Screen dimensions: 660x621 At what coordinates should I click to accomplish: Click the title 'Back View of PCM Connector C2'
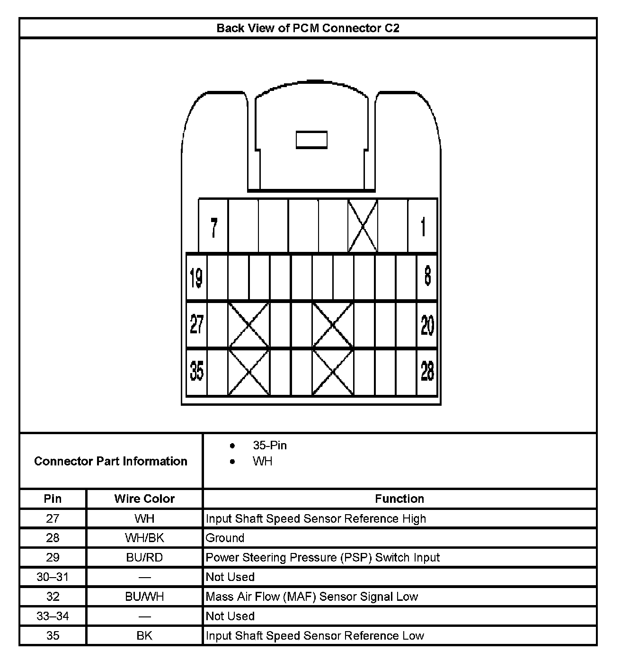[308, 28]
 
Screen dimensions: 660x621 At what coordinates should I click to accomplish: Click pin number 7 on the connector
[214, 228]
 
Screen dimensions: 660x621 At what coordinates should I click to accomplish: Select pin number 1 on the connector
[423, 227]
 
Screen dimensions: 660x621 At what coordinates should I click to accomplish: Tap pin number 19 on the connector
[196, 277]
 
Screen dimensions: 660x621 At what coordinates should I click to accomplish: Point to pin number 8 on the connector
[427, 276]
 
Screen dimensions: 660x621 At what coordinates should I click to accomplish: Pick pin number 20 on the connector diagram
[427, 325]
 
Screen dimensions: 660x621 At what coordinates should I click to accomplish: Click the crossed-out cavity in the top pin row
[363, 226]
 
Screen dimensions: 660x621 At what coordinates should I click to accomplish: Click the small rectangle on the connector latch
[311, 140]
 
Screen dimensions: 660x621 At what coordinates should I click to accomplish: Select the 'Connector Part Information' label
[111, 461]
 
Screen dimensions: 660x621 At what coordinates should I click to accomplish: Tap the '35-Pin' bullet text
[269, 446]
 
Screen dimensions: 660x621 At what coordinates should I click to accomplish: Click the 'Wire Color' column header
[144, 499]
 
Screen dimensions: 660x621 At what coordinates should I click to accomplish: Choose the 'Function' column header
[399, 499]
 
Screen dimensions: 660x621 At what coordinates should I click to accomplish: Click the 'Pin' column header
[53, 499]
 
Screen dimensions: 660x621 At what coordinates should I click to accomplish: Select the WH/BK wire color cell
[144, 538]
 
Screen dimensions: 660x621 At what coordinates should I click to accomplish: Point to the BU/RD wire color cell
[144, 557]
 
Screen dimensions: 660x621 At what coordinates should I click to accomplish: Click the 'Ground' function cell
[225, 538]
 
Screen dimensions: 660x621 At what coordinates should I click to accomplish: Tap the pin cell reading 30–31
[53, 577]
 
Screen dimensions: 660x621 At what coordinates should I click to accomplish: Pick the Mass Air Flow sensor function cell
[312, 597]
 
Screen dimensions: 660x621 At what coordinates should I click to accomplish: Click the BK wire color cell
[144, 635]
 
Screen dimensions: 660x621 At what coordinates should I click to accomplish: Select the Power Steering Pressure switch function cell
[322, 557]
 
